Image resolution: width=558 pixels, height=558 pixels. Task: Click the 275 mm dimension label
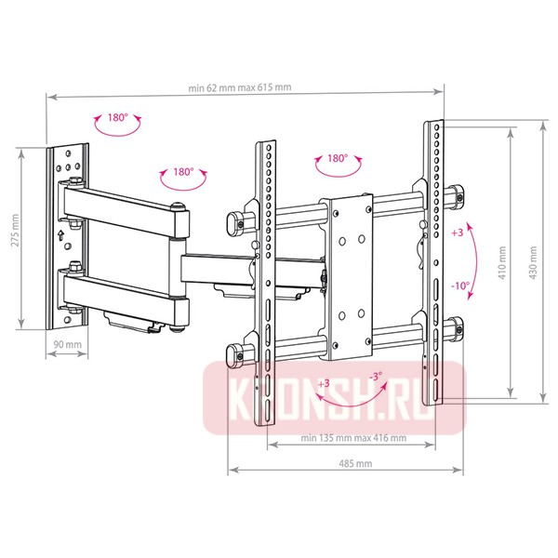click(15, 231)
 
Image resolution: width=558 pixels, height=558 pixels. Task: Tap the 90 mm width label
click(68, 344)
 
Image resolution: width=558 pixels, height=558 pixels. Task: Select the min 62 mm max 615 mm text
click(240, 87)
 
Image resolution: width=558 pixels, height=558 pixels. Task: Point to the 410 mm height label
click(502, 262)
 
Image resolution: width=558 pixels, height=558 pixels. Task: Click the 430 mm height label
click(533, 262)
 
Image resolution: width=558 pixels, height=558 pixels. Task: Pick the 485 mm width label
click(355, 463)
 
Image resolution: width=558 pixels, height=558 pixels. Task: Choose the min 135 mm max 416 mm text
click(353, 438)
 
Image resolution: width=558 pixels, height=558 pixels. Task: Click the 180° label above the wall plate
click(118, 117)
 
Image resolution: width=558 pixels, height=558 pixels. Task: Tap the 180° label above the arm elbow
click(183, 172)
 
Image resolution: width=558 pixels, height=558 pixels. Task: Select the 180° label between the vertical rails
click(338, 158)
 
